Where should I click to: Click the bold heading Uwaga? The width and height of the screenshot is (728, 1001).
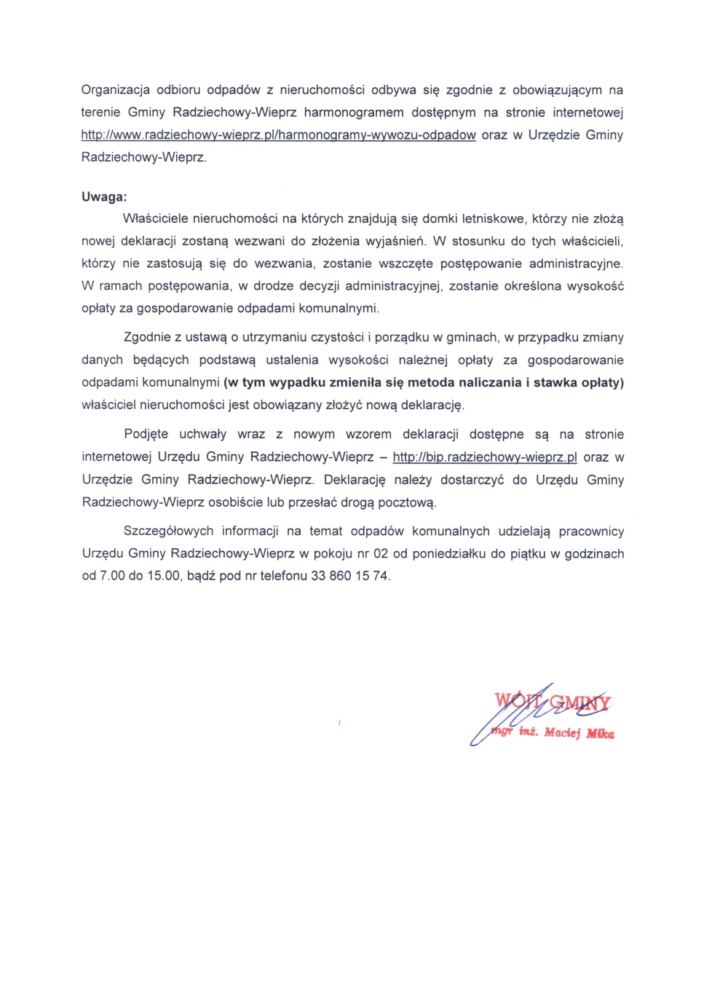tap(104, 197)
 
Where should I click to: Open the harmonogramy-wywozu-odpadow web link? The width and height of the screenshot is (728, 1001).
tap(278, 135)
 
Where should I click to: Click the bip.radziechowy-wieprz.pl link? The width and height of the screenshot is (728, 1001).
tap(485, 457)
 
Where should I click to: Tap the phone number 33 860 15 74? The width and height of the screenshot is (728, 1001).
tap(350, 576)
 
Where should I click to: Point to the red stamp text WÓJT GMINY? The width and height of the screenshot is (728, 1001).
tap(553, 702)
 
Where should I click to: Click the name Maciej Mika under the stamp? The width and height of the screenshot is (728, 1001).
tap(579, 733)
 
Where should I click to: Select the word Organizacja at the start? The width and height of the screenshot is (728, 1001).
tap(115, 90)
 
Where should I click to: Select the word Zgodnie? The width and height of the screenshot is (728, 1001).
tap(147, 338)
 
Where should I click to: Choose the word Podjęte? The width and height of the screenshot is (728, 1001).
tap(146, 435)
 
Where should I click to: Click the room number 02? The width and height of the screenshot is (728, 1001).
tap(381, 554)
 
